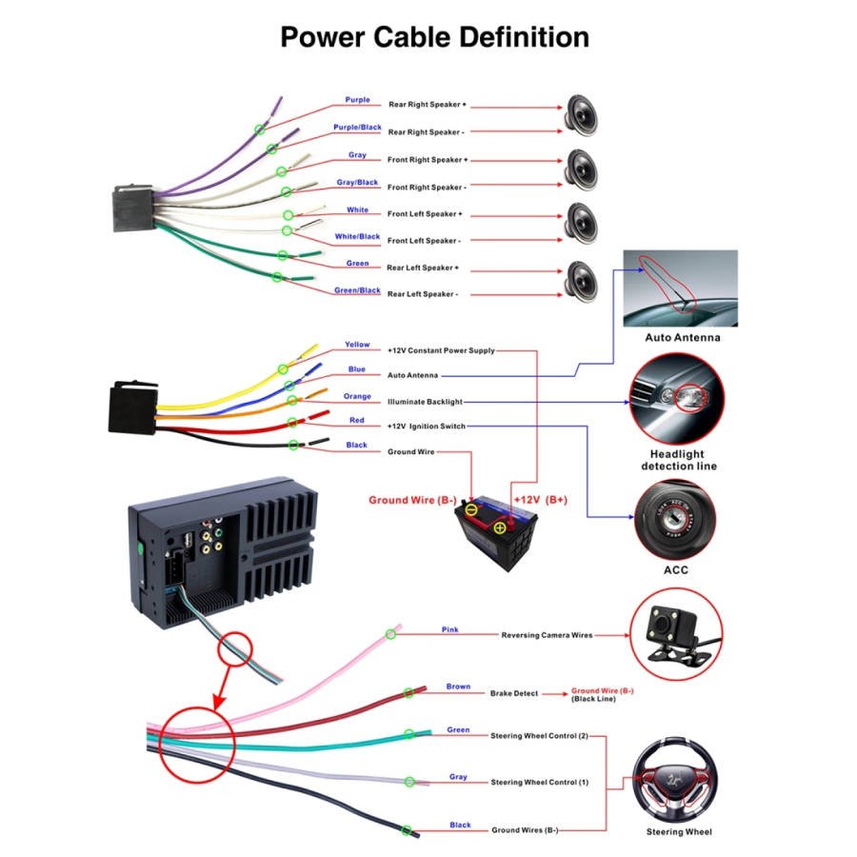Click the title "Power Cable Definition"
click(434, 37)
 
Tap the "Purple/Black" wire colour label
click(357, 127)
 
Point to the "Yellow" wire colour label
click(357, 345)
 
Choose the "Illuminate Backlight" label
click(425, 402)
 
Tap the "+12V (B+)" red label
click(540, 499)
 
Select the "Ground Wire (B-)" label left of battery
click(412, 499)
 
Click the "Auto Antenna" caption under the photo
click(683, 337)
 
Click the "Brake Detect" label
click(514, 693)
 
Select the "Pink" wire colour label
click(450, 629)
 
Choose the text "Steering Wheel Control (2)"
click(540, 736)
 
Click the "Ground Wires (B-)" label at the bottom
click(525, 830)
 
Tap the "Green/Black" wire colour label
click(357, 290)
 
